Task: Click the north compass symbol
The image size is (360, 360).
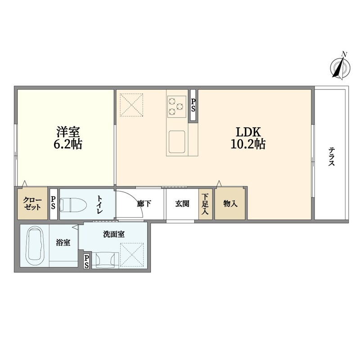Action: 340,67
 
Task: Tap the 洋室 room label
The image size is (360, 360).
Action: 68,132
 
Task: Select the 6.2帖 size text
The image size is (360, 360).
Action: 68,144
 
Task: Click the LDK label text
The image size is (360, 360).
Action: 248,132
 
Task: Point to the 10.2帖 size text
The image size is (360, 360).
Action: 248,144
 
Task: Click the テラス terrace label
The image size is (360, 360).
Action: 331,157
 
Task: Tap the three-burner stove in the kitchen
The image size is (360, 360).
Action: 176,107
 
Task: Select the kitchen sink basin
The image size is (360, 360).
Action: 177,142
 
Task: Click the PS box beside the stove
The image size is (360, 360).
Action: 193,105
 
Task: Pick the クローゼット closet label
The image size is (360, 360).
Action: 32,204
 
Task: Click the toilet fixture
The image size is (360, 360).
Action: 73,204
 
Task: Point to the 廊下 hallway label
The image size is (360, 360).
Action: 144,204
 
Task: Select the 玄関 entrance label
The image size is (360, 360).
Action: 182,204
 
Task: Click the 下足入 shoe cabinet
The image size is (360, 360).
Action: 205,204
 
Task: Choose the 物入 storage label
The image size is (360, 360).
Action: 230,204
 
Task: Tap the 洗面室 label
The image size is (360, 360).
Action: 114,234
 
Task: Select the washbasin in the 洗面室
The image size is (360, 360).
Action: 105,260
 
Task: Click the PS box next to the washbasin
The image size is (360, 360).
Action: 86,261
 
